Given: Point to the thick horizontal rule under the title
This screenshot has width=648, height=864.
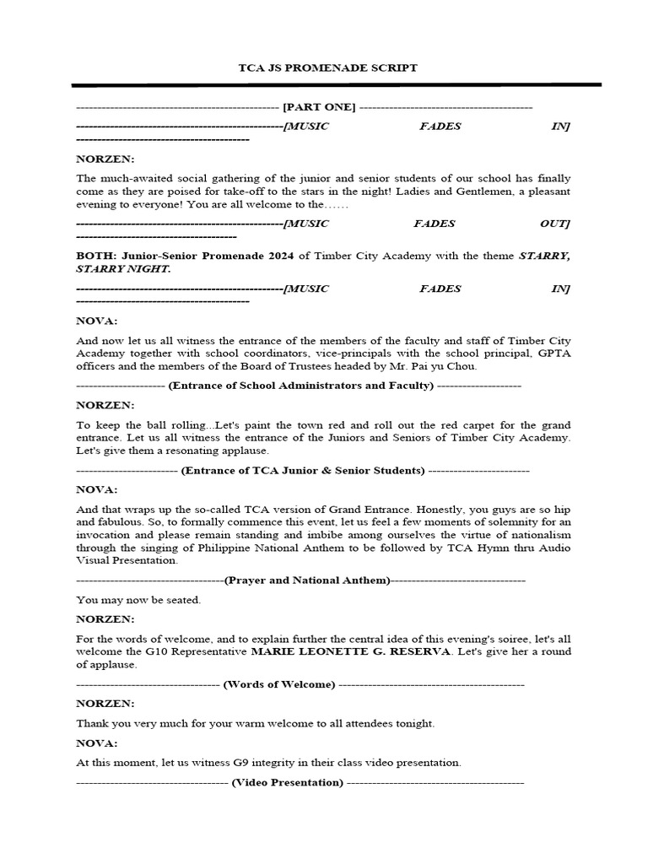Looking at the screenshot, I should [336, 85].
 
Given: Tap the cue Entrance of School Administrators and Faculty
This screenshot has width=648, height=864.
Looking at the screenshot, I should [301, 386].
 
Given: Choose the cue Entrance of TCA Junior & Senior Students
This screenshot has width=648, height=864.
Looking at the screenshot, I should [303, 470].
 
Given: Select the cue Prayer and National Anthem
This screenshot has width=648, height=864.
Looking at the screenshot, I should [307, 580].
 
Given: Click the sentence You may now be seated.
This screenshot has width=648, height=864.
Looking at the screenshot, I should [138, 600].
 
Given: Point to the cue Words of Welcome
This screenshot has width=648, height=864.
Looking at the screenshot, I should [279, 683].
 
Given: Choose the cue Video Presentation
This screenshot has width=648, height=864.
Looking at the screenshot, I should [288, 782].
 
